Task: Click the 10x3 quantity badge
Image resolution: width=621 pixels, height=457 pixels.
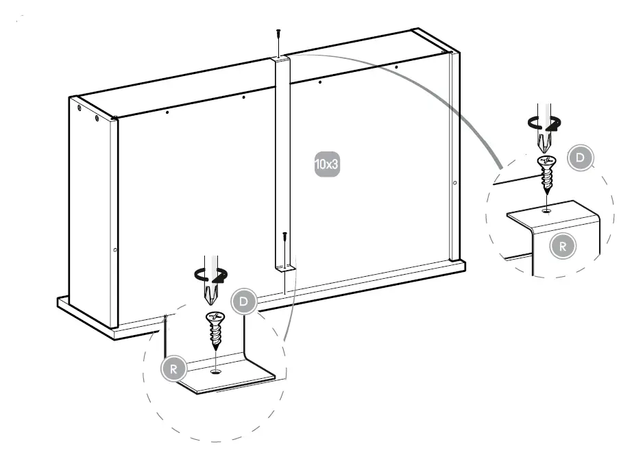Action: click(x=328, y=164)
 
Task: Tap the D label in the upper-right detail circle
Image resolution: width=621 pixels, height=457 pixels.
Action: click(x=581, y=158)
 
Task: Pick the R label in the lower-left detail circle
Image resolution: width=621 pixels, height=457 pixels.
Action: click(x=173, y=369)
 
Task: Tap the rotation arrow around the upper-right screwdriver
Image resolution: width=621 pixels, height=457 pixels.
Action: click(x=544, y=124)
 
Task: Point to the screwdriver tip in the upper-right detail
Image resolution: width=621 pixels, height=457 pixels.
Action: click(x=546, y=143)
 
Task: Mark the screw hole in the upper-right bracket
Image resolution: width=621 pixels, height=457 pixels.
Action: click(x=546, y=210)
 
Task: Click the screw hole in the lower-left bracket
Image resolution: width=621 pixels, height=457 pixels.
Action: click(x=217, y=372)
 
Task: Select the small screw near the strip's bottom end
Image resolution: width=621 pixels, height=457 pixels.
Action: click(x=284, y=240)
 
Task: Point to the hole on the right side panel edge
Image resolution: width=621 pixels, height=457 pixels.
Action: click(x=454, y=183)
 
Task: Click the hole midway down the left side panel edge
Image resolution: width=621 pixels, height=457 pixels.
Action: click(x=114, y=249)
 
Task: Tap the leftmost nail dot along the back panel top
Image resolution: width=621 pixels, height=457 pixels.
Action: click(x=167, y=112)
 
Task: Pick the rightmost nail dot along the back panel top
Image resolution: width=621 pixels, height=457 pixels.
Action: click(x=396, y=67)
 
